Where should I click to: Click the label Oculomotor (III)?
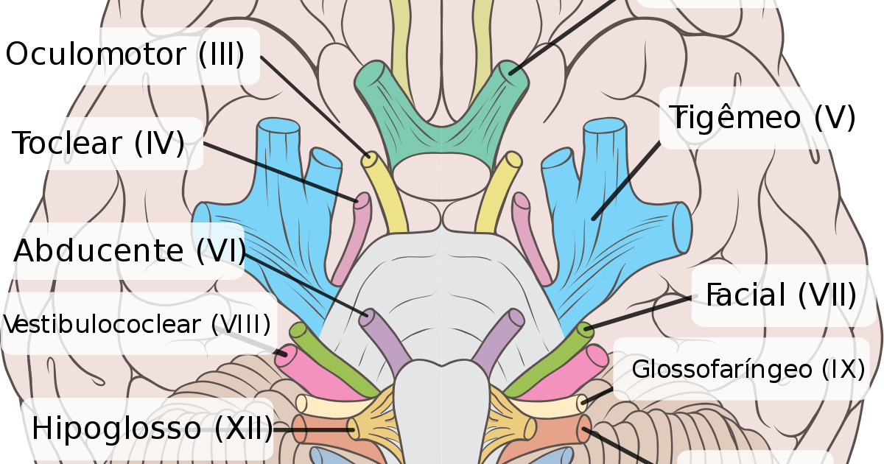pos(125,55)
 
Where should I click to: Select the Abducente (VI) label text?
pos(130,251)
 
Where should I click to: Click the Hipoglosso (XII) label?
pos(151,428)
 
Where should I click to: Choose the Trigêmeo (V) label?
pos(762,118)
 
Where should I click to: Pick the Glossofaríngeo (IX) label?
pos(748,369)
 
